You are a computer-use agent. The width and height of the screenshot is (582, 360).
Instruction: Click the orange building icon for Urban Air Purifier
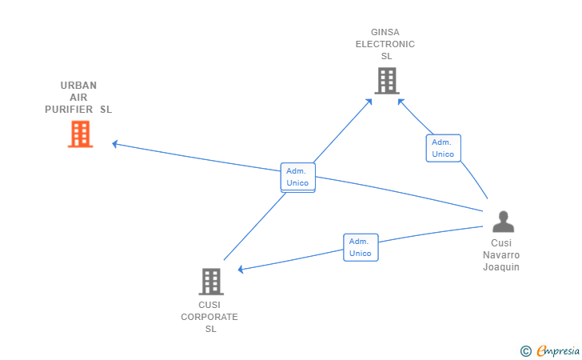point(80,134)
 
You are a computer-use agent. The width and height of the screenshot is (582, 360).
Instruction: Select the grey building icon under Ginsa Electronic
point(387,81)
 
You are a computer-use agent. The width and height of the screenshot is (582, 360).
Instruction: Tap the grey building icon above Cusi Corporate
point(211,282)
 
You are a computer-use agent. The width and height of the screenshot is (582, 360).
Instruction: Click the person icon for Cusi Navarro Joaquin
point(504,222)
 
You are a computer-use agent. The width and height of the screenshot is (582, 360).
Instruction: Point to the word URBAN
point(78,86)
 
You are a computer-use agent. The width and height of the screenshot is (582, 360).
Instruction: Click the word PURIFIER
point(69,110)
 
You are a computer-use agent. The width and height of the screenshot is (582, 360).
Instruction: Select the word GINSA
point(385,32)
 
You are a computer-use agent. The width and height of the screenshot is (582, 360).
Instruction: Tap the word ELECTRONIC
point(385,44)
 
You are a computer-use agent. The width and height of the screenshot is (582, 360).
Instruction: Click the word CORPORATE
point(209,317)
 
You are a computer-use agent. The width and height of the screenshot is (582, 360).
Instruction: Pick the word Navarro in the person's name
point(501,255)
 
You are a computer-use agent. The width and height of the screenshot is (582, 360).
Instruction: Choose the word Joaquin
point(501,267)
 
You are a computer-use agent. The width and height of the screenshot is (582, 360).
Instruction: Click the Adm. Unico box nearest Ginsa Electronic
point(443,148)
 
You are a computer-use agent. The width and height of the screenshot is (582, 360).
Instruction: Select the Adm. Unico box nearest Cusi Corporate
point(361,247)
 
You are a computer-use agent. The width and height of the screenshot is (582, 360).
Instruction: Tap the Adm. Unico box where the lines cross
point(297,177)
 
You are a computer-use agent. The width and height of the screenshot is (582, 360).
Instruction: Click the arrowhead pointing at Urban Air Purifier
point(115,144)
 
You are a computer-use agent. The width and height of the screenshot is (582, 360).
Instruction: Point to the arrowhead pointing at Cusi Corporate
point(241,270)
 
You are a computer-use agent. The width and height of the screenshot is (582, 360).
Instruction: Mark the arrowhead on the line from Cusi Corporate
point(369,102)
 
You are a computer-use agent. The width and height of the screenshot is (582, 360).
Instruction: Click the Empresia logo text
point(558,350)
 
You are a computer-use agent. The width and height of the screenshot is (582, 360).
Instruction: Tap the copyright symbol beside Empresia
point(526,351)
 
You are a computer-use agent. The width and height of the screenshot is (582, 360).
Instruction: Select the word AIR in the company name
point(78,98)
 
